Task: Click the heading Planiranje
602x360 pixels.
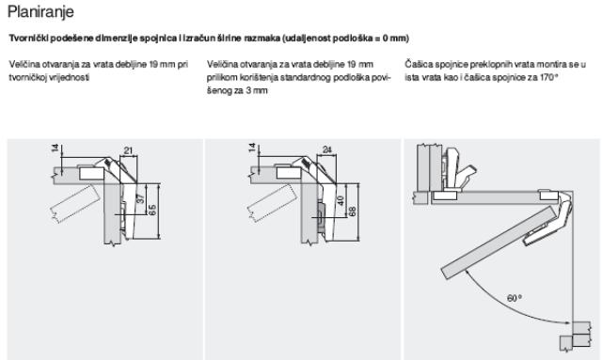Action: (40, 12)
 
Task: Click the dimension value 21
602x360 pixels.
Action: (129, 150)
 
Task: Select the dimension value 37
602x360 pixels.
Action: (140, 198)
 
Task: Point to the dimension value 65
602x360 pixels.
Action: (152, 210)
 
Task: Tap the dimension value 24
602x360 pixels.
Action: (326, 149)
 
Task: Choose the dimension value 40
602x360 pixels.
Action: (341, 200)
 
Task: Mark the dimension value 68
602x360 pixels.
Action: (352, 211)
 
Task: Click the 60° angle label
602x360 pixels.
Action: (515, 298)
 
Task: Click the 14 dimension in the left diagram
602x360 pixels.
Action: (55, 148)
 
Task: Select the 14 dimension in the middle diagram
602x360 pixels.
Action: (252, 148)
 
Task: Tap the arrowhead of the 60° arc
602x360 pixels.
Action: (567, 323)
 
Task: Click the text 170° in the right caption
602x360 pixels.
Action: (548, 77)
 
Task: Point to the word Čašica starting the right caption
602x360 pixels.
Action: (418, 64)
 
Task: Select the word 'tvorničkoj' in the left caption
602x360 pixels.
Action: (28, 77)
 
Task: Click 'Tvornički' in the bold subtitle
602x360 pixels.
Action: (28, 39)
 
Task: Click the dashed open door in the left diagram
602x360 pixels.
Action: (75, 204)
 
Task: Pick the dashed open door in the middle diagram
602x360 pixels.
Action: (272, 204)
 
